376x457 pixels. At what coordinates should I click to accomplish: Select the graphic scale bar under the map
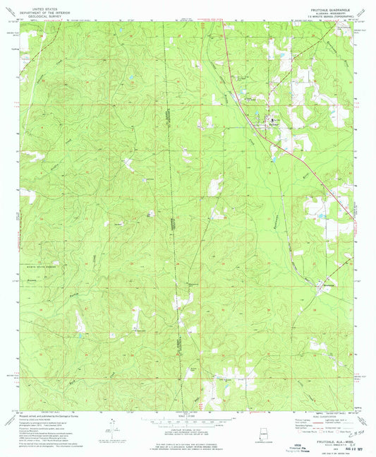click(x=188, y=422)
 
